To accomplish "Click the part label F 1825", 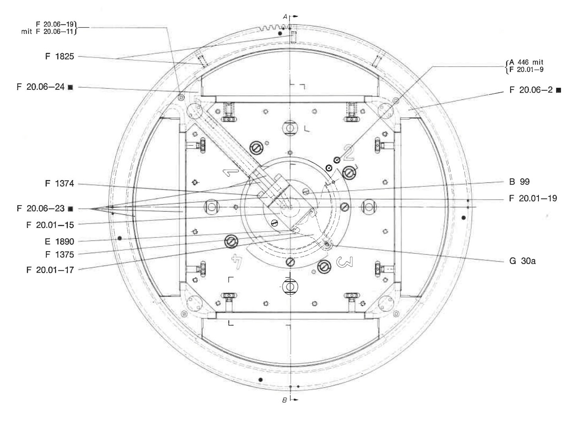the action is coord(59,56).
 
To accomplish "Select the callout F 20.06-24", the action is coord(41,87).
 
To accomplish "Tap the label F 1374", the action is coord(59,184).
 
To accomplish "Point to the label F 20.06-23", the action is coord(41,208).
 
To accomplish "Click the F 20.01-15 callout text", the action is coord(50,225).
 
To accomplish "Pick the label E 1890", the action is coord(59,242).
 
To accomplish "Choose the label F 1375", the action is coord(59,254).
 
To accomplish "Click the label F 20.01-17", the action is coord(50,270).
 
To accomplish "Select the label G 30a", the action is coord(522,261).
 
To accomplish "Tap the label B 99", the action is coord(519,182).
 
